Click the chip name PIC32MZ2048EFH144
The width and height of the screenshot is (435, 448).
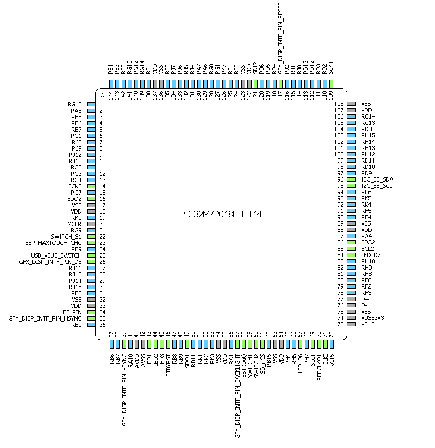pyautogui.click(x=221, y=214)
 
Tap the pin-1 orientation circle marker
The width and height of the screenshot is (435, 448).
pyautogui.click(x=103, y=95)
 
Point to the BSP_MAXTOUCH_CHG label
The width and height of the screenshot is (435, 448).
pyautogui.click(x=53, y=243)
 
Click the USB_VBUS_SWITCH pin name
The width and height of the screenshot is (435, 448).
pyautogui.click(x=57, y=255)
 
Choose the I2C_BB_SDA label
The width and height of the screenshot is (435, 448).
pyautogui.click(x=377, y=179)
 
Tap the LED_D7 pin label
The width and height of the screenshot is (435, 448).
pyautogui.click(x=371, y=255)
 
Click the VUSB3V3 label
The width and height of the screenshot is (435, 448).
pyautogui.click(x=373, y=318)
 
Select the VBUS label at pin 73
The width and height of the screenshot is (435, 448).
pyautogui.click(x=368, y=324)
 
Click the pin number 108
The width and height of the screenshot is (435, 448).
pyautogui.click(x=339, y=104)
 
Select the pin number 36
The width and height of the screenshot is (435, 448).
pyautogui.click(x=100, y=324)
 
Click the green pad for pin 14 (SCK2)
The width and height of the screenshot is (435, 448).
pyautogui.click(x=91, y=186)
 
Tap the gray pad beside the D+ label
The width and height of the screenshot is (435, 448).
pyautogui.click(x=351, y=299)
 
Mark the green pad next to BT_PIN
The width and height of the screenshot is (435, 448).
pyautogui.click(x=91, y=312)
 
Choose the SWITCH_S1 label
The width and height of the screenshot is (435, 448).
pyautogui.click(x=66, y=237)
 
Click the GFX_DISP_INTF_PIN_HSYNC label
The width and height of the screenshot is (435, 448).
pyautogui.click(x=45, y=318)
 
